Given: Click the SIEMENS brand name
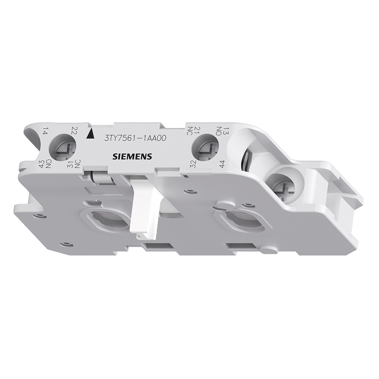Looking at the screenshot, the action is click(132, 156).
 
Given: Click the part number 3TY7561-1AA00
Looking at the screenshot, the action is click(135, 138).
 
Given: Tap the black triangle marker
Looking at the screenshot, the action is click(89, 135).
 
